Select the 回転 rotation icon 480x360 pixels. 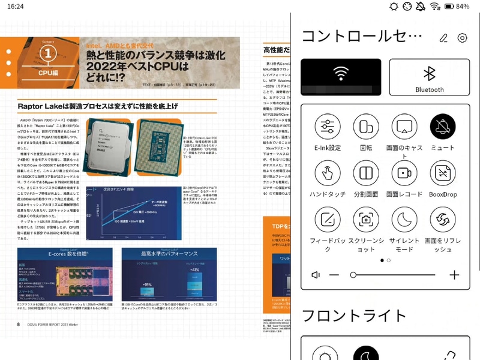(x=365, y=126)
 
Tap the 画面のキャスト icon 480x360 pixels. (x=404, y=126)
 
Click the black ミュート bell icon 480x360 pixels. (x=443, y=126)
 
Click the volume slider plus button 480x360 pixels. (x=454, y=275)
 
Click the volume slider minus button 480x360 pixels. (x=335, y=275)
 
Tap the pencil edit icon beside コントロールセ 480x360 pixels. (x=443, y=38)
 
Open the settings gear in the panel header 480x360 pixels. (x=462, y=38)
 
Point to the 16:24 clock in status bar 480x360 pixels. (x=16, y=6)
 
